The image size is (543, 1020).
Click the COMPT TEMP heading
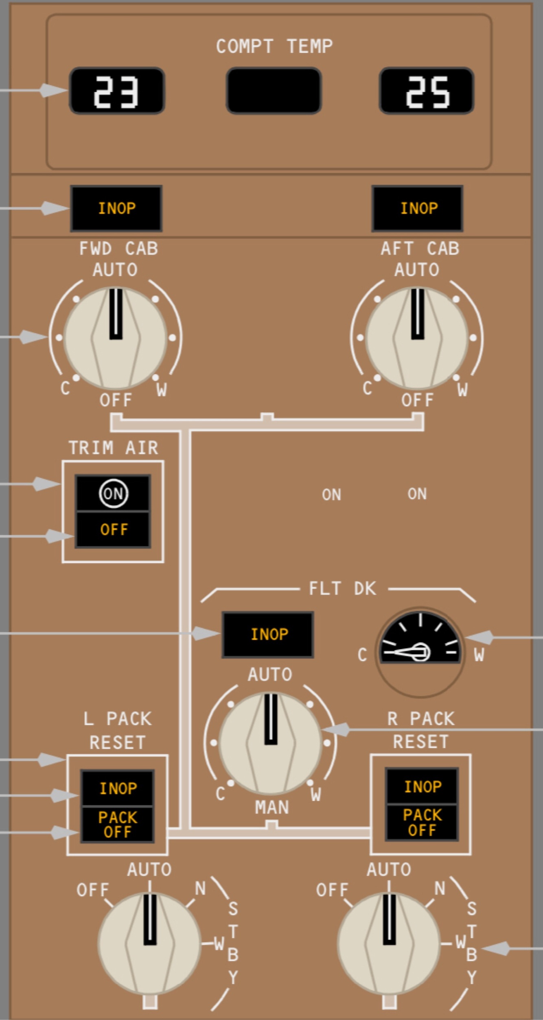point(274,46)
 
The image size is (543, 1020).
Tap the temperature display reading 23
point(117,91)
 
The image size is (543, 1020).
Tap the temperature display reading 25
point(427,91)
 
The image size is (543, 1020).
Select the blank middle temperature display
point(274,91)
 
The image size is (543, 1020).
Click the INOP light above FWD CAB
point(116,208)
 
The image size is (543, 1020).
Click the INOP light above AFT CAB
point(418,208)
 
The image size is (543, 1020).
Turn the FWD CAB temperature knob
point(116,338)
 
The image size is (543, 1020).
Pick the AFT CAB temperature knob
point(417,338)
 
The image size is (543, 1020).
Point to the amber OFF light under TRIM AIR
point(114,529)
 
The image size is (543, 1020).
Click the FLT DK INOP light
point(268,634)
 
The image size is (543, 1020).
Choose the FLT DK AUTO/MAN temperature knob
point(271,743)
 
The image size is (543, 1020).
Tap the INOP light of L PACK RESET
point(118,788)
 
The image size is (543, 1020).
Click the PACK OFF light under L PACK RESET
point(118,824)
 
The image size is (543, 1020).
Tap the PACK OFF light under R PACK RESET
point(422,822)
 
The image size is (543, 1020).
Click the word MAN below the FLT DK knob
point(271,807)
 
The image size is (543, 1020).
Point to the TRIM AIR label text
point(113,448)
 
